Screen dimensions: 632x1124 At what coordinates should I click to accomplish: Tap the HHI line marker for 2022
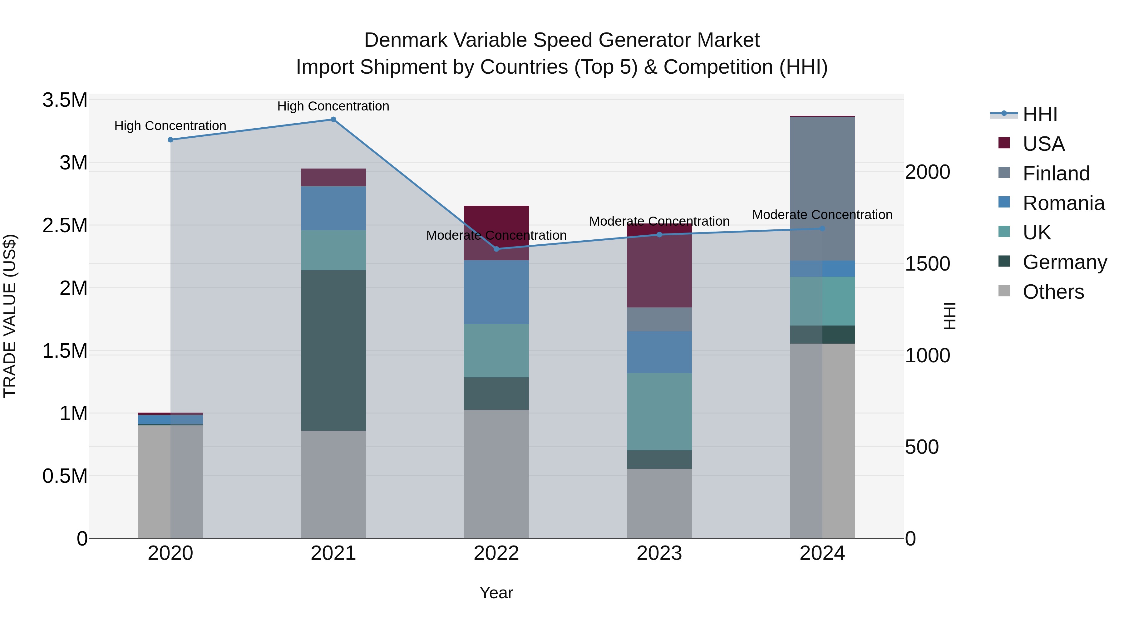click(496, 249)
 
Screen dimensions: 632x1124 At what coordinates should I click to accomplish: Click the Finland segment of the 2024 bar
click(822, 189)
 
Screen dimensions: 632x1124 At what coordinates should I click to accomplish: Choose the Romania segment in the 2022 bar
click(496, 292)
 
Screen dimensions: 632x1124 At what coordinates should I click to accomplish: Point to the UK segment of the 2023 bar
click(659, 411)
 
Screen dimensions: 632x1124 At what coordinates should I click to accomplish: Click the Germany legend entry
click(1064, 262)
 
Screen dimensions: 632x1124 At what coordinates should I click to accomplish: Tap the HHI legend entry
click(1039, 114)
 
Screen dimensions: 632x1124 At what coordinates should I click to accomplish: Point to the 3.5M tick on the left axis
click(65, 100)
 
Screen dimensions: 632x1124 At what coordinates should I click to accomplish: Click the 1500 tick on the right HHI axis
click(927, 264)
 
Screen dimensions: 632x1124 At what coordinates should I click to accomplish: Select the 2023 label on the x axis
click(659, 553)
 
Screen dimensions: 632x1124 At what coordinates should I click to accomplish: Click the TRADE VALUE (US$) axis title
click(10, 316)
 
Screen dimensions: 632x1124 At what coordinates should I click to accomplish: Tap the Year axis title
click(496, 593)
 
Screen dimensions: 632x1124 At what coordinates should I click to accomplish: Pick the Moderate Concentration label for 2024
click(822, 215)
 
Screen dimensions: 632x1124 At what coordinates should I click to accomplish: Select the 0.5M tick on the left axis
click(65, 476)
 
